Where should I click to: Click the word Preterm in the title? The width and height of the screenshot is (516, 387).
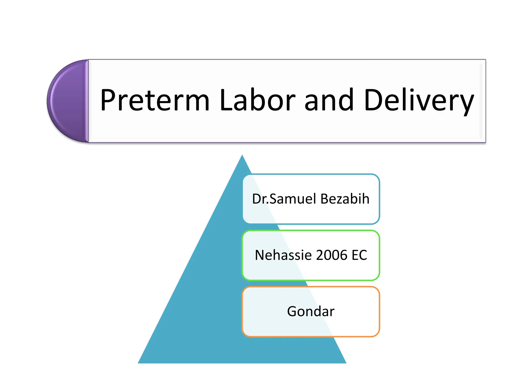pos(155,100)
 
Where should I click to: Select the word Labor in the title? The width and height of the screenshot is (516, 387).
pos(257,100)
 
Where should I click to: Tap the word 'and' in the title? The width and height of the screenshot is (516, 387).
pos(329,100)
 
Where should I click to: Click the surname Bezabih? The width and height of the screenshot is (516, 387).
pos(345,199)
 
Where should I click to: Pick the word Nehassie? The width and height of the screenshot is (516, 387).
pos(283,255)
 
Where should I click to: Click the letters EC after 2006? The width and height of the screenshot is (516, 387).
pos(359,255)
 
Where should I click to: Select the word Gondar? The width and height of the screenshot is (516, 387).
pos(311,311)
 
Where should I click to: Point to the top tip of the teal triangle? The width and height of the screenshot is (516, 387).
pos(242,155)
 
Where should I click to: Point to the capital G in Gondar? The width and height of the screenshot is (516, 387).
pos(292,311)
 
